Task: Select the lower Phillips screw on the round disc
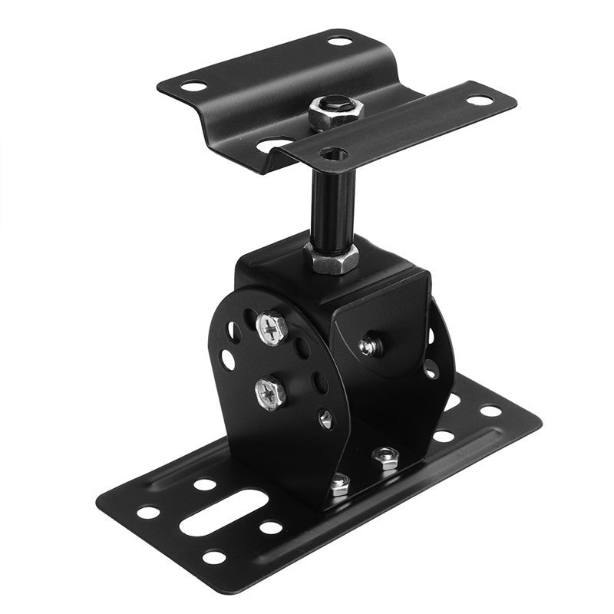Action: (269, 393)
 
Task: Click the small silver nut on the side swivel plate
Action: (368, 345)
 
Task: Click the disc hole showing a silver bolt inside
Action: (325, 418)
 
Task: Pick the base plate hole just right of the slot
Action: (270, 527)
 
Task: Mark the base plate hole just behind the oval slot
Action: (204, 485)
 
